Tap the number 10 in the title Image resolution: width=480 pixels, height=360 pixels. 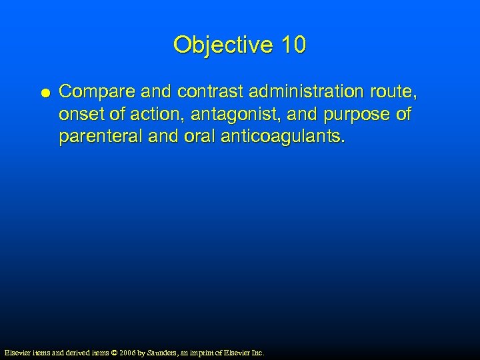294,45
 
